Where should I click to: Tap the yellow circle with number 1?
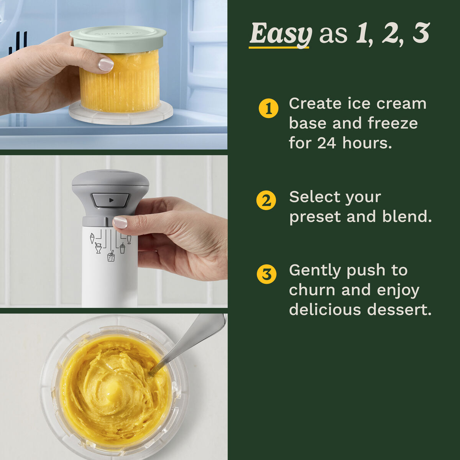(x=268, y=108)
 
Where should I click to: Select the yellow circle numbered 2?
(x=266, y=200)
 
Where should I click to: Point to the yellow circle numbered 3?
(x=266, y=274)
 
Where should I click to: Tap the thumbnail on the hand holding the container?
(x=106, y=64)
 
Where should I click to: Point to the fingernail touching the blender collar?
(x=120, y=222)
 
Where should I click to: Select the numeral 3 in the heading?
(x=421, y=34)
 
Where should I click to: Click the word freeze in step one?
(x=393, y=123)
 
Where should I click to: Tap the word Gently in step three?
(x=315, y=271)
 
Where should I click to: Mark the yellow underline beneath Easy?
(x=279, y=48)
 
